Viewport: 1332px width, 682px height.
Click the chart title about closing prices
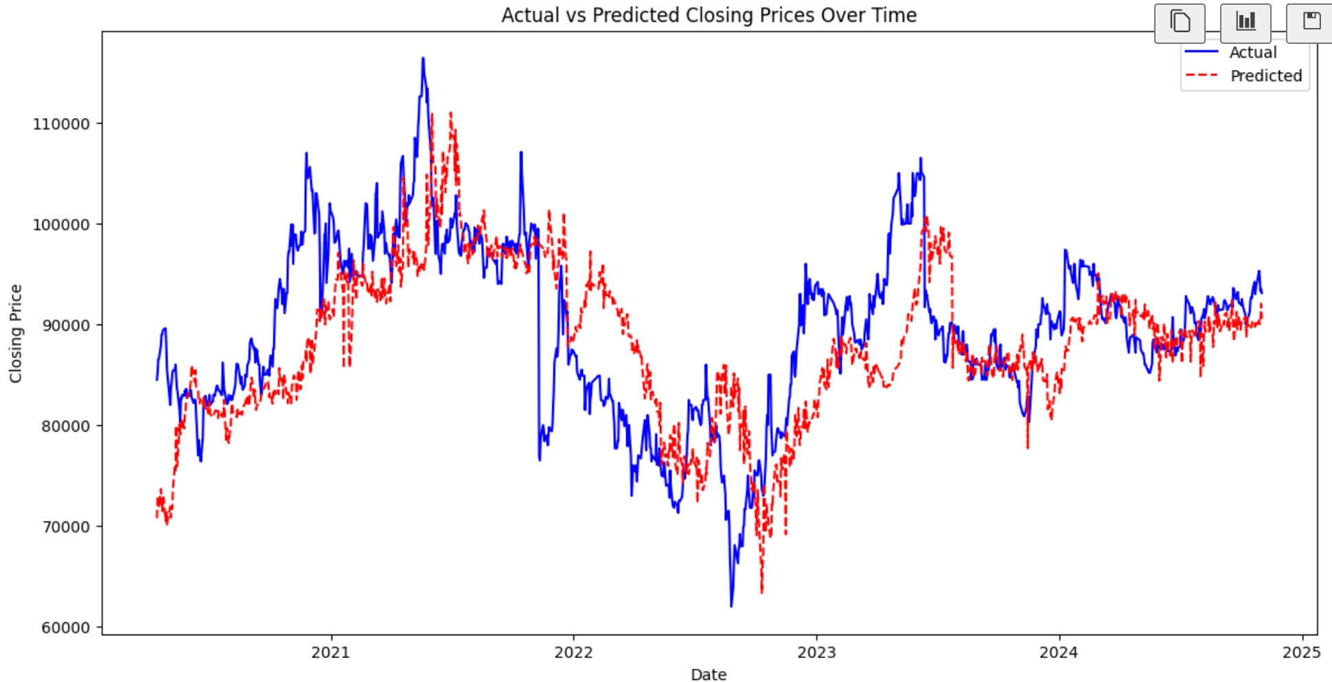pyautogui.click(x=709, y=15)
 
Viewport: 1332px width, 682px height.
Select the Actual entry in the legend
pyautogui.click(x=1252, y=53)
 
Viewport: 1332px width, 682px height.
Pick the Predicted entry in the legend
pyautogui.click(x=1265, y=76)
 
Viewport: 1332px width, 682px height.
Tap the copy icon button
pyautogui.click(x=1180, y=23)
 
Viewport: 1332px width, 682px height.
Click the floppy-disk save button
pyautogui.click(x=1311, y=23)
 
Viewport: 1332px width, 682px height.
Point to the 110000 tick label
pyautogui.click(x=61, y=124)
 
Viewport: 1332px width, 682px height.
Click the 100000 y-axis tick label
pyautogui.click(x=61, y=225)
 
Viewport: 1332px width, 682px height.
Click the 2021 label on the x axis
pyautogui.click(x=331, y=652)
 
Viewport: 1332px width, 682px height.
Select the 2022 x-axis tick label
pyautogui.click(x=573, y=652)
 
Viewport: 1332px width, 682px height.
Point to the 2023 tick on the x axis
pyautogui.click(x=816, y=652)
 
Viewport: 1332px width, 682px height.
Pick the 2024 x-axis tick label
pyautogui.click(x=1059, y=652)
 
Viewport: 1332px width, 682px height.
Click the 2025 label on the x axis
pyautogui.click(x=1301, y=652)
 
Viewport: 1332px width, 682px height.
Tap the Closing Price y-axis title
pyautogui.click(x=16, y=333)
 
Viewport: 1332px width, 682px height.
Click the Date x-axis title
pyautogui.click(x=709, y=674)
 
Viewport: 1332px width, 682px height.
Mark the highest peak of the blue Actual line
pyautogui.click(x=423, y=58)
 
